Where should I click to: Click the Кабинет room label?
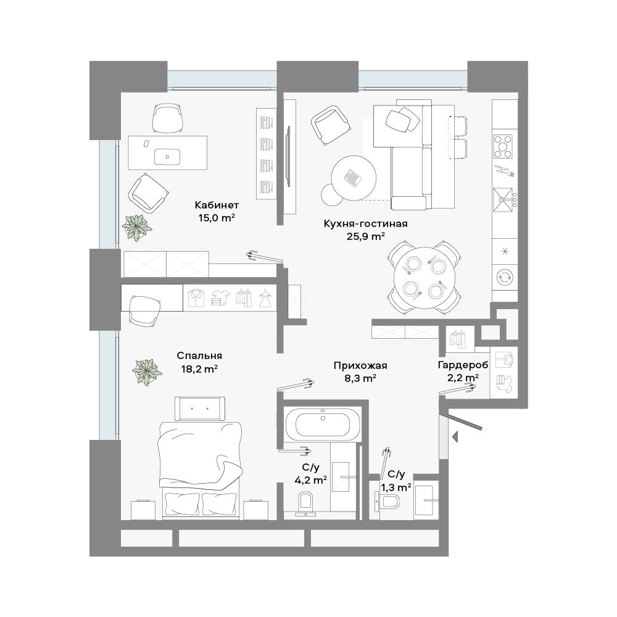pyautogui.click(x=217, y=205)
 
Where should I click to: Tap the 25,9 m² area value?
pyautogui.click(x=365, y=236)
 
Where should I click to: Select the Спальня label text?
pyautogui.click(x=199, y=355)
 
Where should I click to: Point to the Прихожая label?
pyautogui.click(x=360, y=365)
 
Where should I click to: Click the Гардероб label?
pyautogui.click(x=463, y=365)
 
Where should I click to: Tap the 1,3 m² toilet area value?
pyautogui.click(x=396, y=487)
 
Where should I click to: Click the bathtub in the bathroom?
pyautogui.click(x=322, y=424)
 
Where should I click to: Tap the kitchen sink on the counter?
pyautogui.click(x=503, y=200)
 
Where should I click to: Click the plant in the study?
pyautogui.click(x=136, y=228)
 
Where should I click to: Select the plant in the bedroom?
pyautogui.click(x=147, y=371)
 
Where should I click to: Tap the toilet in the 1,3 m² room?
pyautogui.click(x=387, y=502)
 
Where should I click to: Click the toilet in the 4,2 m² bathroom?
pyautogui.click(x=305, y=503)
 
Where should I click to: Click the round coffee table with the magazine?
pyautogui.click(x=354, y=178)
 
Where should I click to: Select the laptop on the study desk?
pyautogui.click(x=167, y=156)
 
